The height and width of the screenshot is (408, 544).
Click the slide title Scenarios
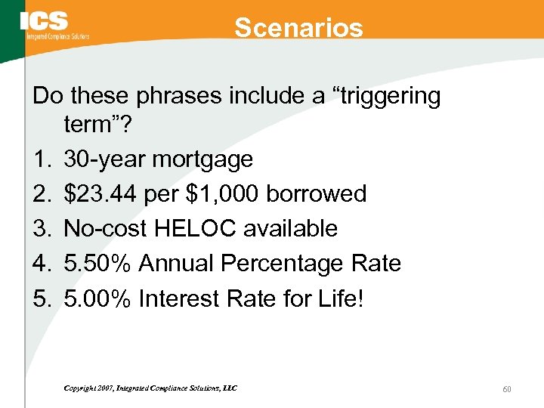click(x=298, y=28)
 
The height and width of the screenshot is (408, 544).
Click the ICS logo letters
click(x=45, y=21)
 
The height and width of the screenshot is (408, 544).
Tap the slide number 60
click(x=507, y=388)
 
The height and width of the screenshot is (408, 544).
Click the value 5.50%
click(x=99, y=264)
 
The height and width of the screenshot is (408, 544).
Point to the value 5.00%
click(x=99, y=298)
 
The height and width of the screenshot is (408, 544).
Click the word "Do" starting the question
click(x=46, y=96)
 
